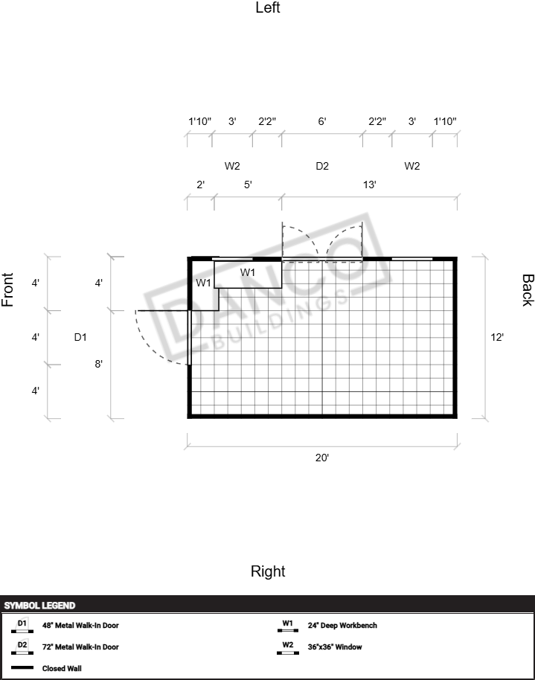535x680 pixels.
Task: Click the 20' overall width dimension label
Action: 322,458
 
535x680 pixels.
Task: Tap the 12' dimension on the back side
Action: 497,337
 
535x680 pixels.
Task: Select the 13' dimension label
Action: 369,185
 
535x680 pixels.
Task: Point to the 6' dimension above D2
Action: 322,121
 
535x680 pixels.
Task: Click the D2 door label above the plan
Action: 322,166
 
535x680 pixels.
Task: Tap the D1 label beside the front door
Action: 80,337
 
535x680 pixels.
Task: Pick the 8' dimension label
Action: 98,364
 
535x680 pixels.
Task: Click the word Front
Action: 7,289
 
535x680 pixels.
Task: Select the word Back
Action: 528,290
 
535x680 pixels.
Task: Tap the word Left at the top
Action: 268,7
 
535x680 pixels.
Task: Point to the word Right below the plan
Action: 268,571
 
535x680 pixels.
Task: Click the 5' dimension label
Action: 248,185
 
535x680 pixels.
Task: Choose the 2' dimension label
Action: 200,185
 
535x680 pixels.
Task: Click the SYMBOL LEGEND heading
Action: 39,606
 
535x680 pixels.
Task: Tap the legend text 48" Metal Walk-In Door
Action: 80,626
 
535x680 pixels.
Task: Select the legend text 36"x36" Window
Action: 335,647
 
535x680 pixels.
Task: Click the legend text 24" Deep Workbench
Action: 342,626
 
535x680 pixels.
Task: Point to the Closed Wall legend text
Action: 62,668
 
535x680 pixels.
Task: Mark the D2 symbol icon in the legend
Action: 22,647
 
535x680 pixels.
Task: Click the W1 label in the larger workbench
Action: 248,272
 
